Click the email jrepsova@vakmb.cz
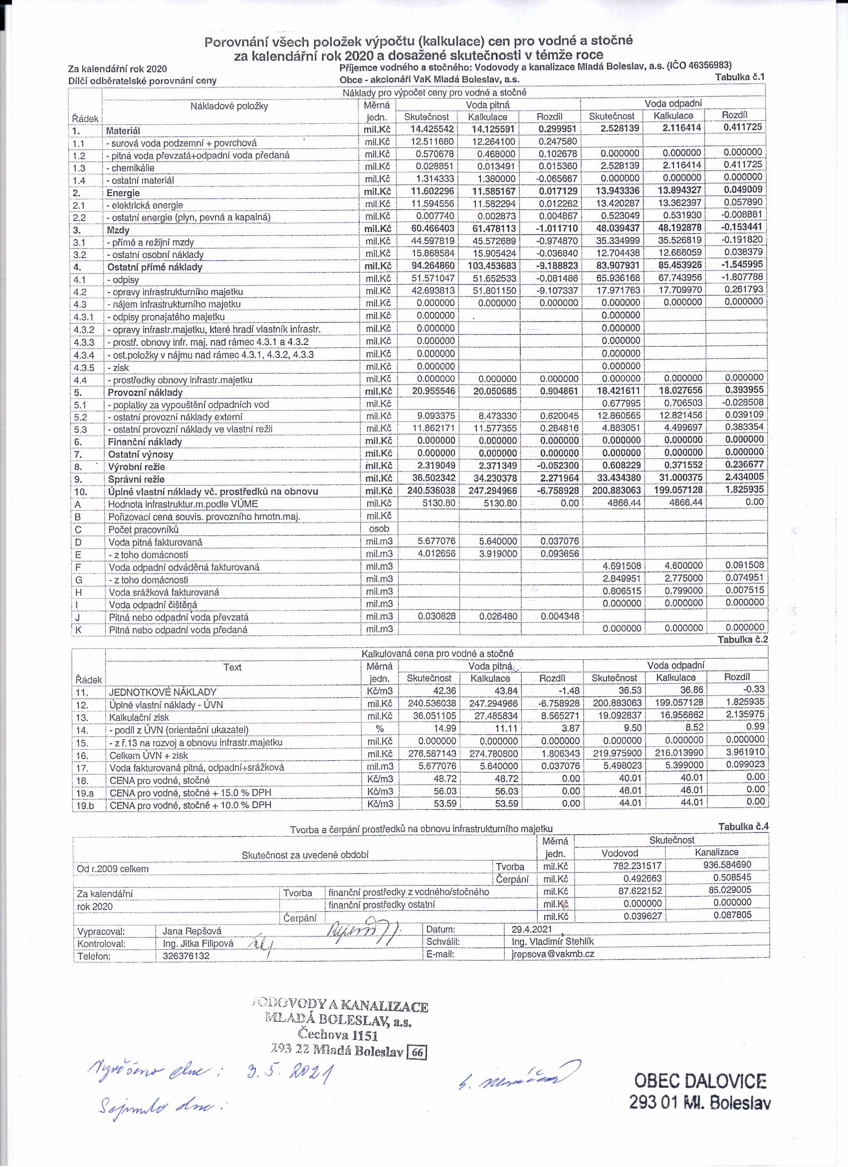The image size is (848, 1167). pos(553,953)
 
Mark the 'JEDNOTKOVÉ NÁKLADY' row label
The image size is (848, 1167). pos(163,692)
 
